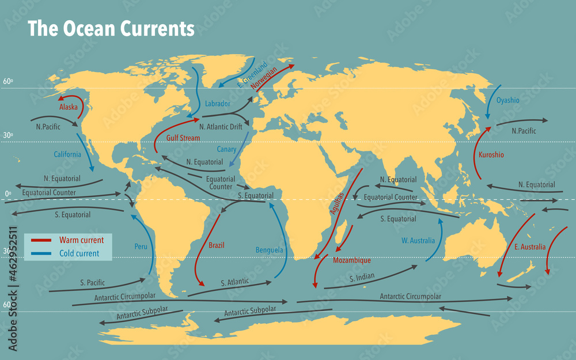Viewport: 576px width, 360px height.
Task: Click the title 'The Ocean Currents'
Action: [111, 29]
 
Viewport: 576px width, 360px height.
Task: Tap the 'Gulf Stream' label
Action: [183, 138]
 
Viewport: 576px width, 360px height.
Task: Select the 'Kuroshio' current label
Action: [491, 155]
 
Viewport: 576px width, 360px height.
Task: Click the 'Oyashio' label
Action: [507, 100]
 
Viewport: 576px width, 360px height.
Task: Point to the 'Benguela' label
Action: [269, 250]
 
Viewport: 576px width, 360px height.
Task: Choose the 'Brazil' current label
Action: [217, 245]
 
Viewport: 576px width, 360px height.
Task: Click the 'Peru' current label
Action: [141, 247]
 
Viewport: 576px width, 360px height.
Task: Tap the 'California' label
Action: [67, 154]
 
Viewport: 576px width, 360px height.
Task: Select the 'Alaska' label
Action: [68, 107]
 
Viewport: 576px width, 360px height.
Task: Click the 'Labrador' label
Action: [218, 104]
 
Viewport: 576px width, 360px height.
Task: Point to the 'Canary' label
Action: [226, 149]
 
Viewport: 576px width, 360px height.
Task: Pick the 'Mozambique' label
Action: [352, 260]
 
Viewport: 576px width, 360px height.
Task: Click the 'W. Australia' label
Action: [418, 241]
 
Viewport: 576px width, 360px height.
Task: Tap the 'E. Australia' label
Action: [530, 247]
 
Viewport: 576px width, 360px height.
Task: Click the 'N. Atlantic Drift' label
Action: [221, 127]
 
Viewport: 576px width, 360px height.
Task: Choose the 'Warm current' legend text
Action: [81, 240]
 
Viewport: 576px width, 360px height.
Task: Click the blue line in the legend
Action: [42, 253]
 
